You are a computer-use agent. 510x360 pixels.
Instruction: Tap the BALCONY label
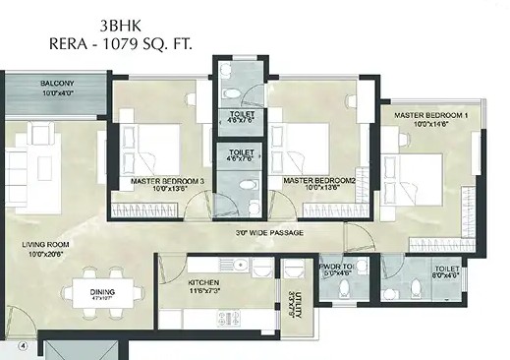click(x=57, y=84)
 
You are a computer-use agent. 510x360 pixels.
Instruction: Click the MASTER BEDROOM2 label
click(x=317, y=181)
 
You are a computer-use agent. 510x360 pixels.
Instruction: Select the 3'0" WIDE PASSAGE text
click(x=268, y=232)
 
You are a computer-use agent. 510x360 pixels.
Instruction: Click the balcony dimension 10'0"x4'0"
click(x=57, y=93)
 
